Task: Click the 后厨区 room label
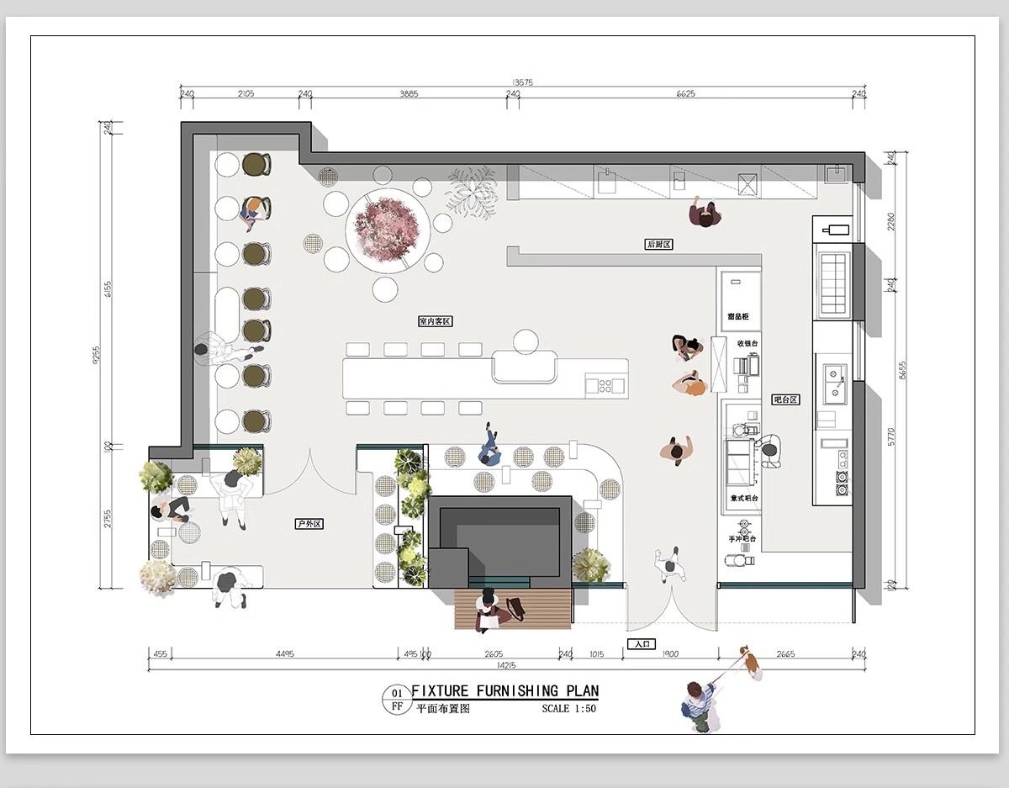[659, 244]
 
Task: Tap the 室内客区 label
[436, 321]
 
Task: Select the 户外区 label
[309, 524]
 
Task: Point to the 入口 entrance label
[641, 644]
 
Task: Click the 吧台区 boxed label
[785, 399]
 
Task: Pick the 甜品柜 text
[738, 317]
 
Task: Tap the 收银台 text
[748, 343]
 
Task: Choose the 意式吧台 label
[744, 499]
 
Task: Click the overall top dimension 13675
[522, 82]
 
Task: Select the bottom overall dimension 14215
[507, 665]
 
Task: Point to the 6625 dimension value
[685, 94]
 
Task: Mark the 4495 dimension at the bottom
[284, 654]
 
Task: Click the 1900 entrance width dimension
[670, 654]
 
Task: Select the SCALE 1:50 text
[569, 709]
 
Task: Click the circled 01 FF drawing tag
[397, 700]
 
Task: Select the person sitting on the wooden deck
[489, 609]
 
